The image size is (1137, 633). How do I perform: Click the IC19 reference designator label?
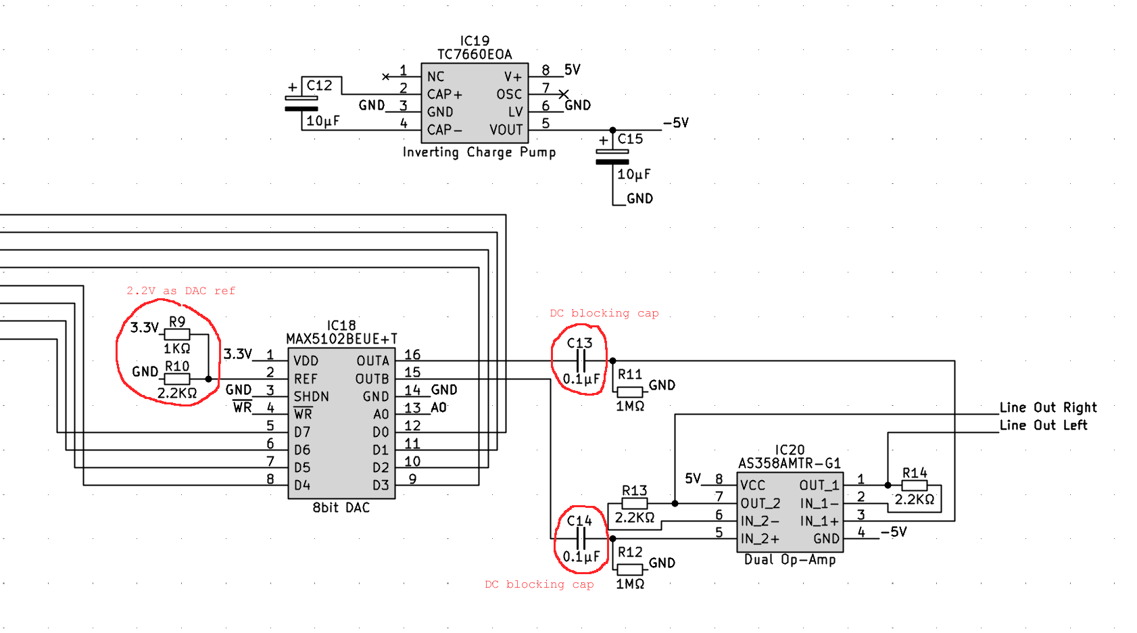(475, 41)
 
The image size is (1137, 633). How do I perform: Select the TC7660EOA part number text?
(475, 55)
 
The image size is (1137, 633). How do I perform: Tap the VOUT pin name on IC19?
(506, 130)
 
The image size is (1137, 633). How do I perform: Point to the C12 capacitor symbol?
(301, 103)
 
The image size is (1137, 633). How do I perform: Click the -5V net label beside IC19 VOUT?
(675, 123)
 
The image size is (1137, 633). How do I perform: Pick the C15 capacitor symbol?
(612, 157)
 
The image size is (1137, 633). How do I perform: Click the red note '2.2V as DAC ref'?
(180, 291)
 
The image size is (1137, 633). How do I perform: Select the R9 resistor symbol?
(177, 334)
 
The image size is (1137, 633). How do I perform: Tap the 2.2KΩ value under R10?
(177, 393)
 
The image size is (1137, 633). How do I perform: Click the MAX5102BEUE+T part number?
(341, 339)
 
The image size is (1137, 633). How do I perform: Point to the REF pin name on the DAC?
(306, 379)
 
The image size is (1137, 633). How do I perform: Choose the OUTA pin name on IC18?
(372, 361)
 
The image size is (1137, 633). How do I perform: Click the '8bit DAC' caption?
(341, 508)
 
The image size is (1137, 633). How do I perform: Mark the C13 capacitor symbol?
(580, 361)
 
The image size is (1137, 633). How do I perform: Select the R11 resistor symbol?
(629, 392)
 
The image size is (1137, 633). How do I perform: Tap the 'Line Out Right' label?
(1048, 408)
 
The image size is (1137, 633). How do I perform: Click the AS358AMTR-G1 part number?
(789, 463)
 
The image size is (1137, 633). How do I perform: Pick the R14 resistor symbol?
(915, 486)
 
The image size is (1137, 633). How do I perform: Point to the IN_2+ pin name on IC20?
(760, 539)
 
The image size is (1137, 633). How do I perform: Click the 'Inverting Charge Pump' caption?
(479, 152)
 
